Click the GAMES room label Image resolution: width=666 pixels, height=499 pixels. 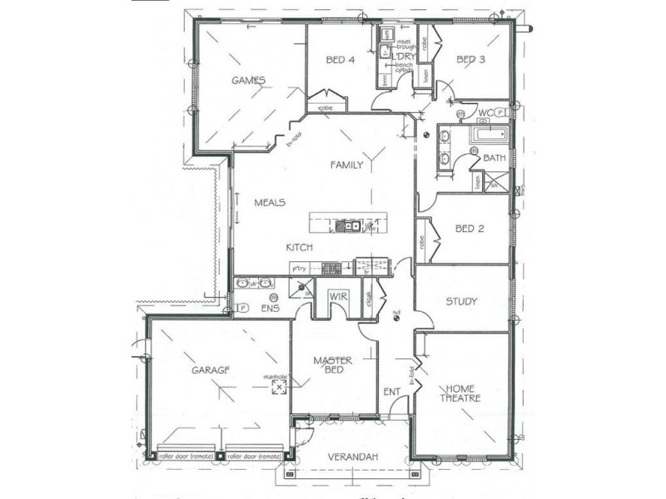[x=247, y=81]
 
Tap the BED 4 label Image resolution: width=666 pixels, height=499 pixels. [x=340, y=60]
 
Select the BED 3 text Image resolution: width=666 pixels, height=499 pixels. [x=470, y=60]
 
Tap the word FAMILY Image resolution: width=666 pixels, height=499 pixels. [x=346, y=165]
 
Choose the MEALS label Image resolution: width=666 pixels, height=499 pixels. [x=271, y=202]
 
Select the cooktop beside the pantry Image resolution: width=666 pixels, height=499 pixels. [x=331, y=268]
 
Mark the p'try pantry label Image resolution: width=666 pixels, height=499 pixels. [x=301, y=268]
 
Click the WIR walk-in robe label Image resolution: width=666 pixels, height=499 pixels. [x=337, y=296]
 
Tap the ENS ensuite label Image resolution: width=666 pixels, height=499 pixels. [x=270, y=309]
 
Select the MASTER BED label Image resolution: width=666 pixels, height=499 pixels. [x=333, y=365]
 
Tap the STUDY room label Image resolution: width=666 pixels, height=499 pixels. [x=461, y=301]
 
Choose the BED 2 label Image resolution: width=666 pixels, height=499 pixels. [x=470, y=229]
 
